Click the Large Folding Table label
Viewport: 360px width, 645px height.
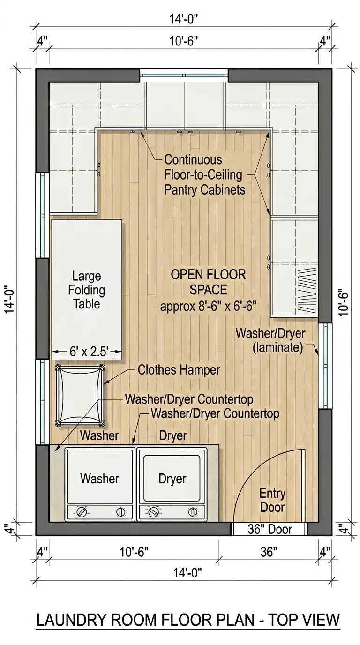coord(86,290)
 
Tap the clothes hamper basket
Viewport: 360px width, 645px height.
coord(80,395)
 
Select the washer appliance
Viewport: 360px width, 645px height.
coord(100,484)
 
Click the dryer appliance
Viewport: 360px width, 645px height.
coord(172,484)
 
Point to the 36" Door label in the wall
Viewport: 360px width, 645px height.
coord(270,529)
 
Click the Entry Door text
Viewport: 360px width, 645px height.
coord(272,501)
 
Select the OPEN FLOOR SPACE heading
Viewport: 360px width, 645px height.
coord(208,282)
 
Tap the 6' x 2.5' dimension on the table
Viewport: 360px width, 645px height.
coord(89,351)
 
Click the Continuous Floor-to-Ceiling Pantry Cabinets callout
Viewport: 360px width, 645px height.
coord(204,175)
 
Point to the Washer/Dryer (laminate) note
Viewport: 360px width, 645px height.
coord(270,340)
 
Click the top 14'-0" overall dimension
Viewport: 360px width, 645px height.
coord(183,19)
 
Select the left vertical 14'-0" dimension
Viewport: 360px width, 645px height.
coord(9,299)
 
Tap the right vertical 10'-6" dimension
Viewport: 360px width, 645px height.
coord(343,303)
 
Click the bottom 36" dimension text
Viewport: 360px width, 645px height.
coord(269,552)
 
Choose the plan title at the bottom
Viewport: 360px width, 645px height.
coord(188,620)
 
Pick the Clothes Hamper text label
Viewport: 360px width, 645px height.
coord(179,370)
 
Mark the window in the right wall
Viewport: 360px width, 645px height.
coord(325,366)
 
